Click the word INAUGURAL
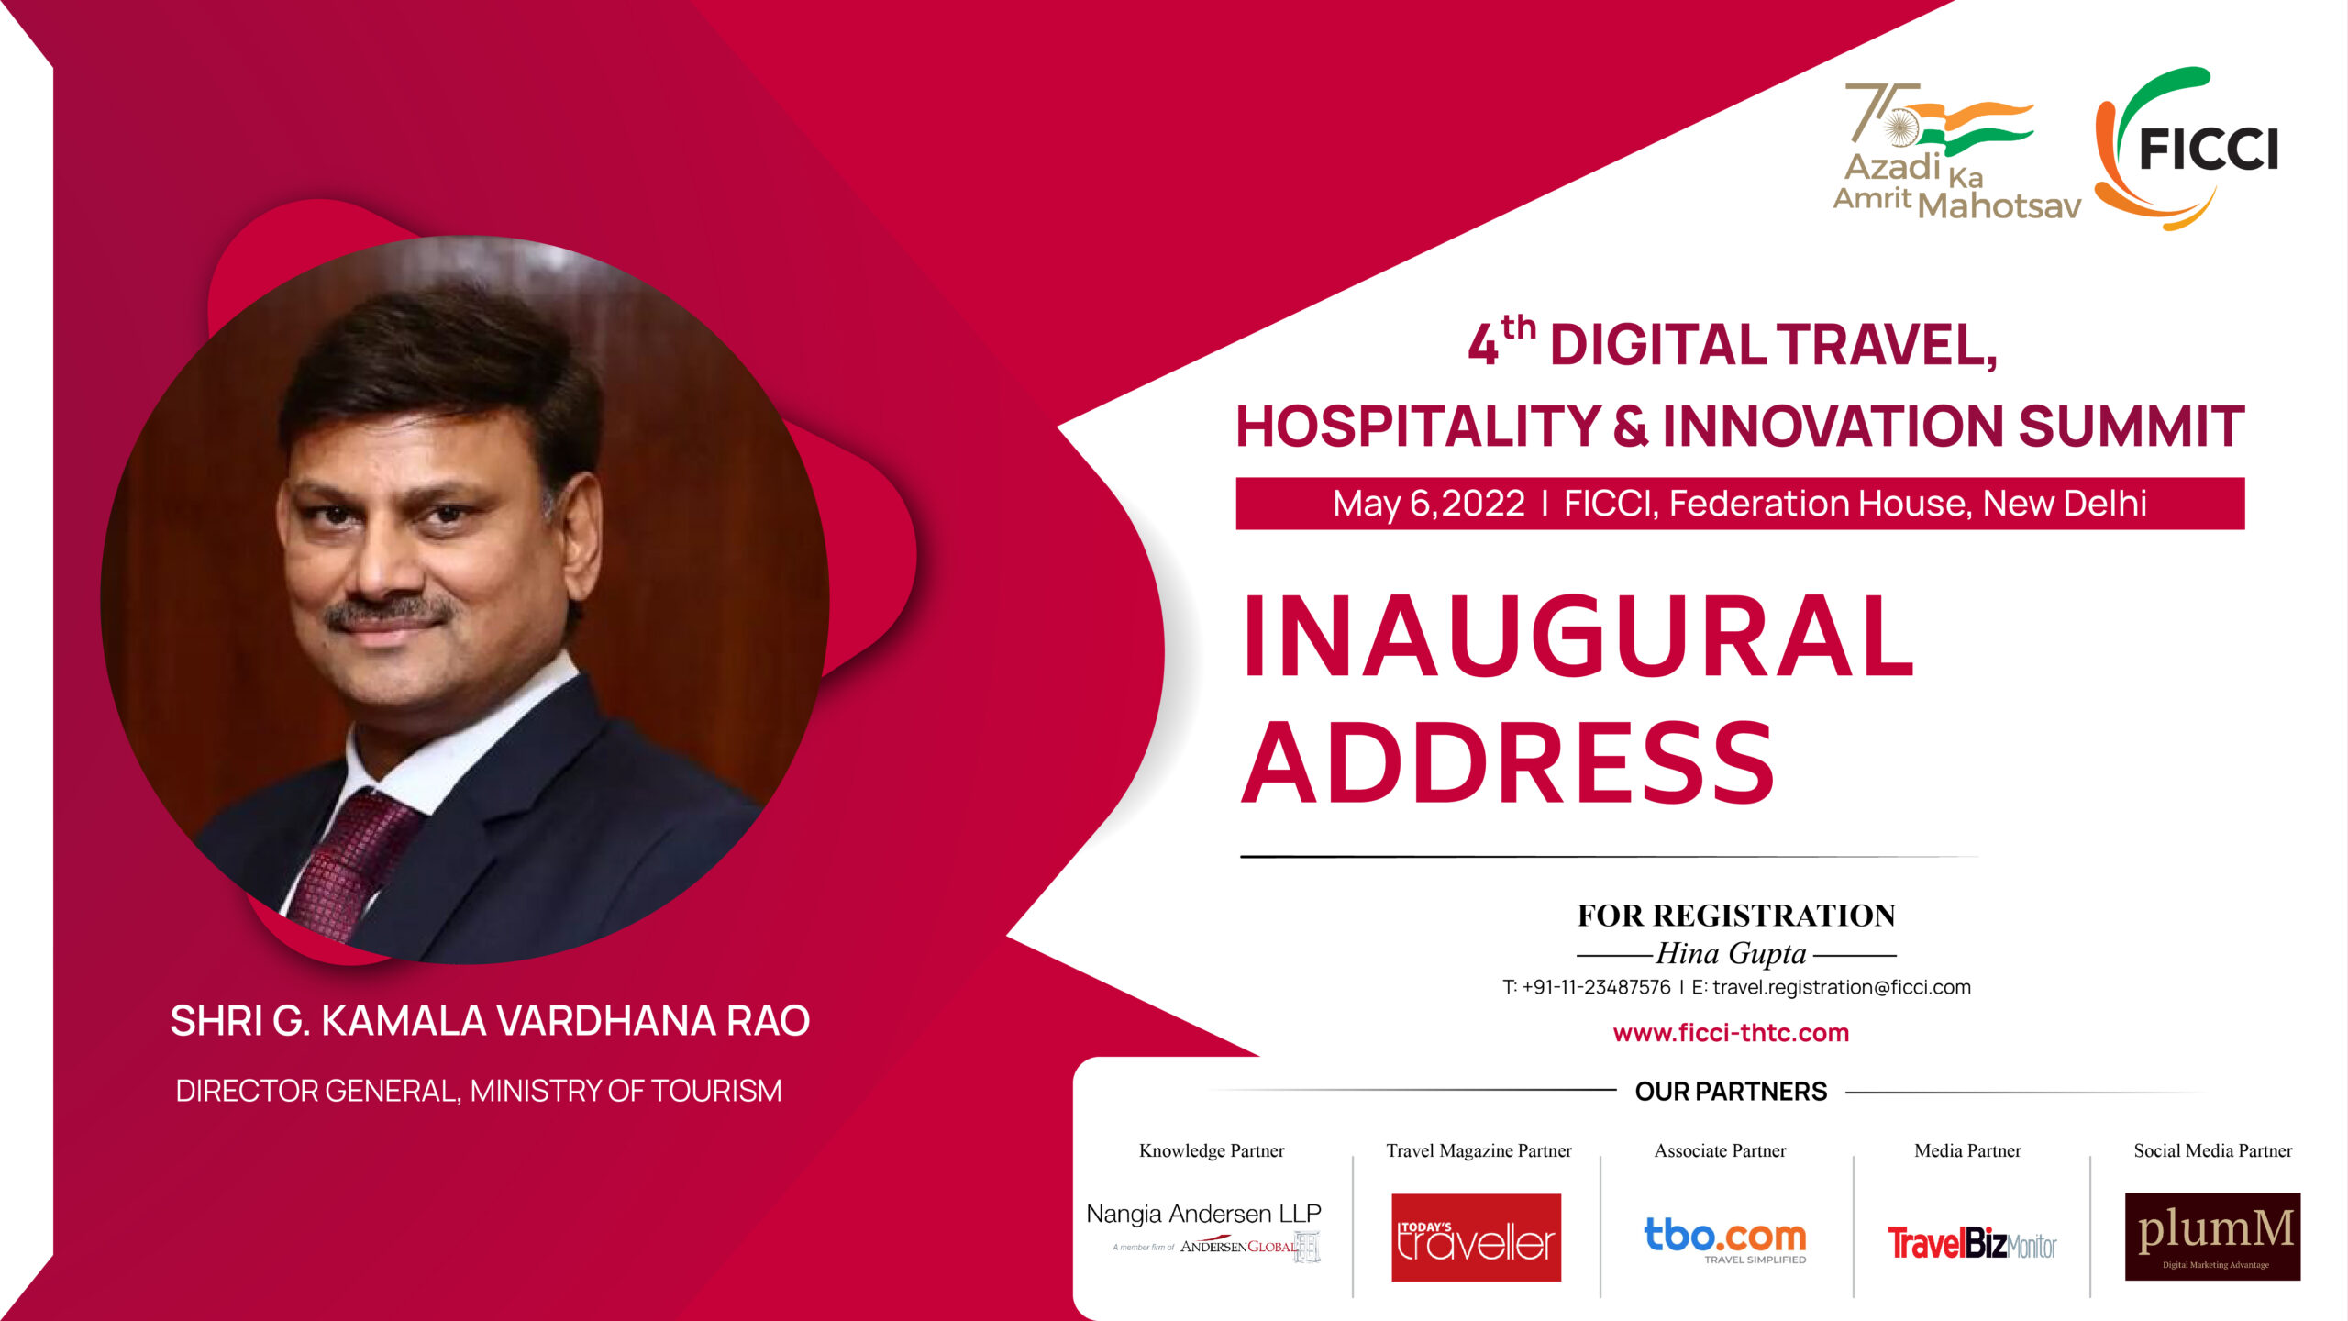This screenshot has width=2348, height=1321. click(1578, 636)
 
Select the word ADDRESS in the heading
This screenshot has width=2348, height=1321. click(1508, 762)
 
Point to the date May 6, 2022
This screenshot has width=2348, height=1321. click(1429, 504)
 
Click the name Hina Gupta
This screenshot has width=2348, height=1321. click(1731, 954)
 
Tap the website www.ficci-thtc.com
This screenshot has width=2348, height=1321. click(1731, 1033)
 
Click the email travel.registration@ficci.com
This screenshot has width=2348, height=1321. click(1842, 987)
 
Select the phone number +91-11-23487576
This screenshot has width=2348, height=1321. click(1596, 987)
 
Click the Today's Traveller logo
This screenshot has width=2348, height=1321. click(1476, 1238)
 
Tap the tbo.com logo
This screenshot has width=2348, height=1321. click(1725, 1239)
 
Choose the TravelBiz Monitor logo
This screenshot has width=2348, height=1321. click(1972, 1244)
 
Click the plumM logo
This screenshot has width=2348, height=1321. click(2212, 1237)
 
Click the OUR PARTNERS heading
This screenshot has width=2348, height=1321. click(1731, 1092)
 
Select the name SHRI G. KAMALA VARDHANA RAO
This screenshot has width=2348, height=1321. click(490, 1021)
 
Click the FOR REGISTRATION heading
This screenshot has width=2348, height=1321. click(1736, 916)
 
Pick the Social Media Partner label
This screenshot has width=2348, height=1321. click(2212, 1150)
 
